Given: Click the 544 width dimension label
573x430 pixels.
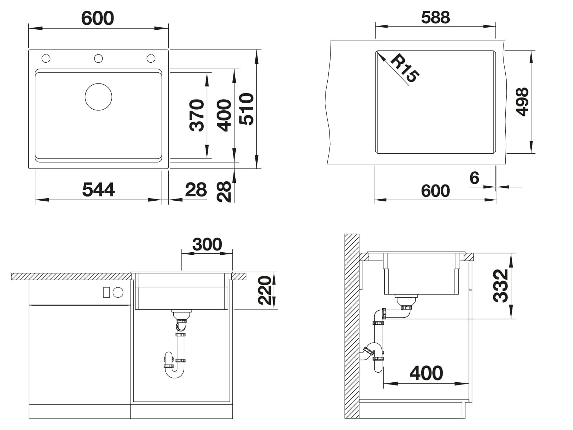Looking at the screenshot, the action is point(98,190).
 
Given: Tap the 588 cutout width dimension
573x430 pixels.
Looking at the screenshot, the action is point(435,18).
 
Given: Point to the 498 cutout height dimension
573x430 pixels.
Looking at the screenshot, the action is point(522,101).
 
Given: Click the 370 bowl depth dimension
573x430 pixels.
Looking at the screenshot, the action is point(197,115).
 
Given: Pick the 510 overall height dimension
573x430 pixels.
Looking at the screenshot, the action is point(246,109).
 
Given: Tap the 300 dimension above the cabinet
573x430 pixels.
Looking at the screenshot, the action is point(207,244).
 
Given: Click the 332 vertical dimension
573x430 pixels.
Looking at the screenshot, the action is point(500,286).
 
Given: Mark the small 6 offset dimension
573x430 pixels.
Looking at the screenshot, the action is point(474,178).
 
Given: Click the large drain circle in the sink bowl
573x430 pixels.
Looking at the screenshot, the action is point(98,97).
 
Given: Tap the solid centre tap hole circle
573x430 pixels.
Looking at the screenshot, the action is point(98,58).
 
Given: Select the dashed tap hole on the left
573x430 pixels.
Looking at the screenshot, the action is point(46,58).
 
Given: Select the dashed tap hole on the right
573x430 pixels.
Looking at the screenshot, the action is point(151,58).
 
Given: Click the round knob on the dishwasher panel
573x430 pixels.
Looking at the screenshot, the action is point(118,292).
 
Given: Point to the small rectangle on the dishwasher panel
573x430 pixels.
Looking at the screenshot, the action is point(106,292).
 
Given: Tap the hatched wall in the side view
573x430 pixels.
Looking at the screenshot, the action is point(352,326).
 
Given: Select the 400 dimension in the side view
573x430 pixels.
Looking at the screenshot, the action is point(426,373).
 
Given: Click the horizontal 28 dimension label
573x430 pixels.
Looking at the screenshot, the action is point(196,190).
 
